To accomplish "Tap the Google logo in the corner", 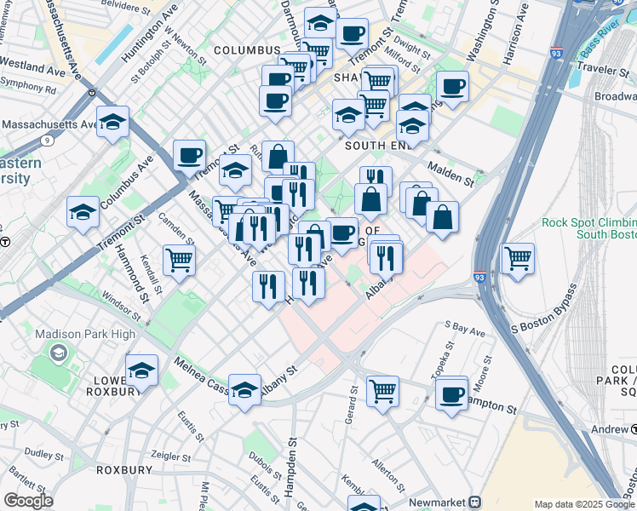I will tap(27, 501).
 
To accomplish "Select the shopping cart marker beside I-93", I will tap(518, 258).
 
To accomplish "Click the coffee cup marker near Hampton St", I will tap(451, 393).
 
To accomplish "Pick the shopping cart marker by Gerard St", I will tap(383, 392).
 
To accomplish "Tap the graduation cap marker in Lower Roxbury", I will tap(142, 370).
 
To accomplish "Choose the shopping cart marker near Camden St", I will tap(180, 259).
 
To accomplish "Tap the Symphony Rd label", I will tap(28, 88).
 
